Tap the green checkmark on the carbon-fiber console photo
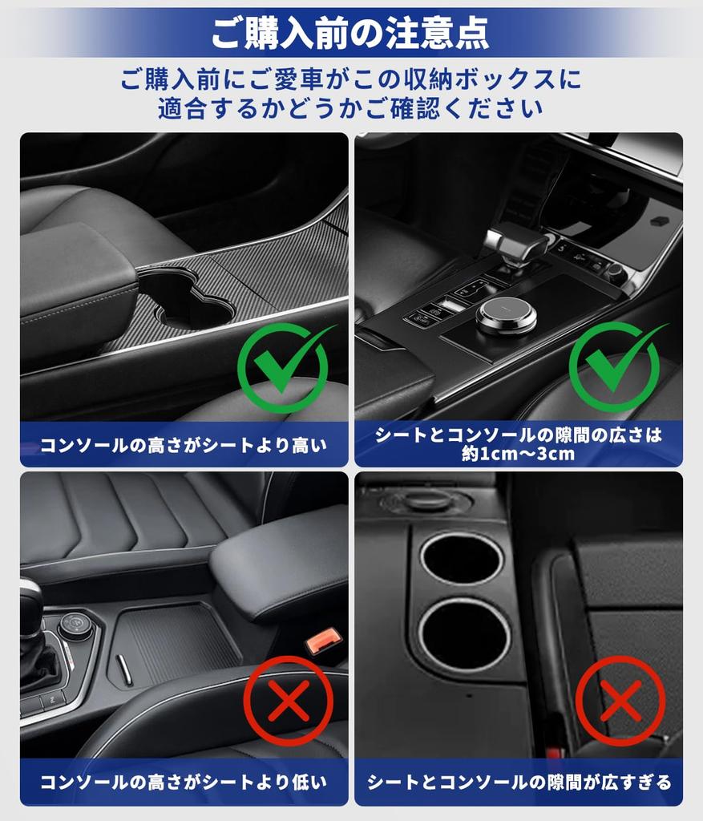[x=284, y=368]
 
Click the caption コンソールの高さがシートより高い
[x=184, y=445]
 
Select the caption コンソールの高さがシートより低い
[x=184, y=782]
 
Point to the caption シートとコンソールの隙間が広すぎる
[x=519, y=782]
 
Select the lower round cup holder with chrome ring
[x=463, y=634]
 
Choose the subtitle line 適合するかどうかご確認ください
[x=350, y=108]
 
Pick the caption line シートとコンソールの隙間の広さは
[x=519, y=435]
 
